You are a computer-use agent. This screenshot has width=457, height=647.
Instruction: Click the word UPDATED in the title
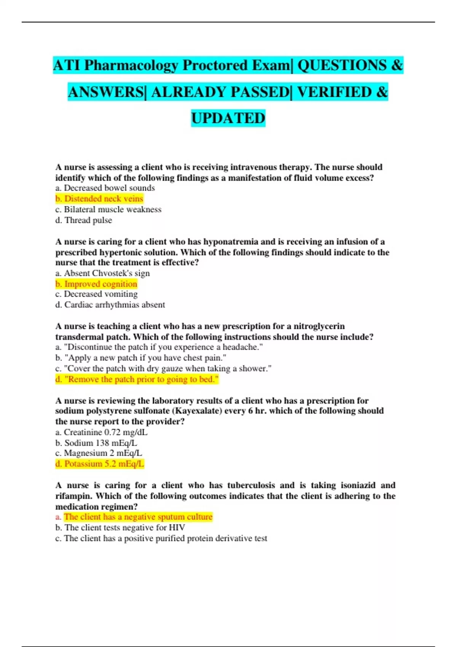click(x=228, y=118)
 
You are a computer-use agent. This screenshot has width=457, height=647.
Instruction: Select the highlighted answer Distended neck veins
click(x=99, y=199)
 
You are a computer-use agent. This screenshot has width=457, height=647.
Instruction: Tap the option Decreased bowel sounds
click(x=105, y=188)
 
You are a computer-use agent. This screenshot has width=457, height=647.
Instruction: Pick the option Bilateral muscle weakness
click(x=109, y=209)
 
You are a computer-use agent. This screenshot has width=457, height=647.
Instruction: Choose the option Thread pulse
click(x=84, y=220)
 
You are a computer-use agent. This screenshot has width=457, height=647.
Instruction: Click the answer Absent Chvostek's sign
click(x=102, y=273)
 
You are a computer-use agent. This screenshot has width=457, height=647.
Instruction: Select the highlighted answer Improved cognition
click(x=96, y=284)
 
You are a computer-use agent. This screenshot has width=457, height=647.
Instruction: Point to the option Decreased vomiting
click(x=97, y=294)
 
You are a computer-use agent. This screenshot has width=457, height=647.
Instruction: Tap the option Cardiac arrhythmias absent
click(x=110, y=305)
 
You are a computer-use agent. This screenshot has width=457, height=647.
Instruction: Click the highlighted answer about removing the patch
click(x=137, y=379)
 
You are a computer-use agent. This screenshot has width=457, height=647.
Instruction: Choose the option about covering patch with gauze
click(x=163, y=368)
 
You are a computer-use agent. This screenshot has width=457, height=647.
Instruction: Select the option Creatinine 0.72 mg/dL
click(x=101, y=432)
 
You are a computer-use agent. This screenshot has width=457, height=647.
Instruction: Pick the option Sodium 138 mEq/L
click(x=96, y=443)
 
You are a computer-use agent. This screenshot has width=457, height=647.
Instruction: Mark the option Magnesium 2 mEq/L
click(x=99, y=453)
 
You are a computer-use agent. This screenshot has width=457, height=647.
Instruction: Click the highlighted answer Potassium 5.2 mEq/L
click(x=100, y=464)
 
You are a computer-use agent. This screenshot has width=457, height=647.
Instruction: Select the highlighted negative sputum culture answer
click(x=134, y=517)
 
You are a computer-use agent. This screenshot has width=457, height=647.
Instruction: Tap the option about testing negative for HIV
click(x=120, y=527)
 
